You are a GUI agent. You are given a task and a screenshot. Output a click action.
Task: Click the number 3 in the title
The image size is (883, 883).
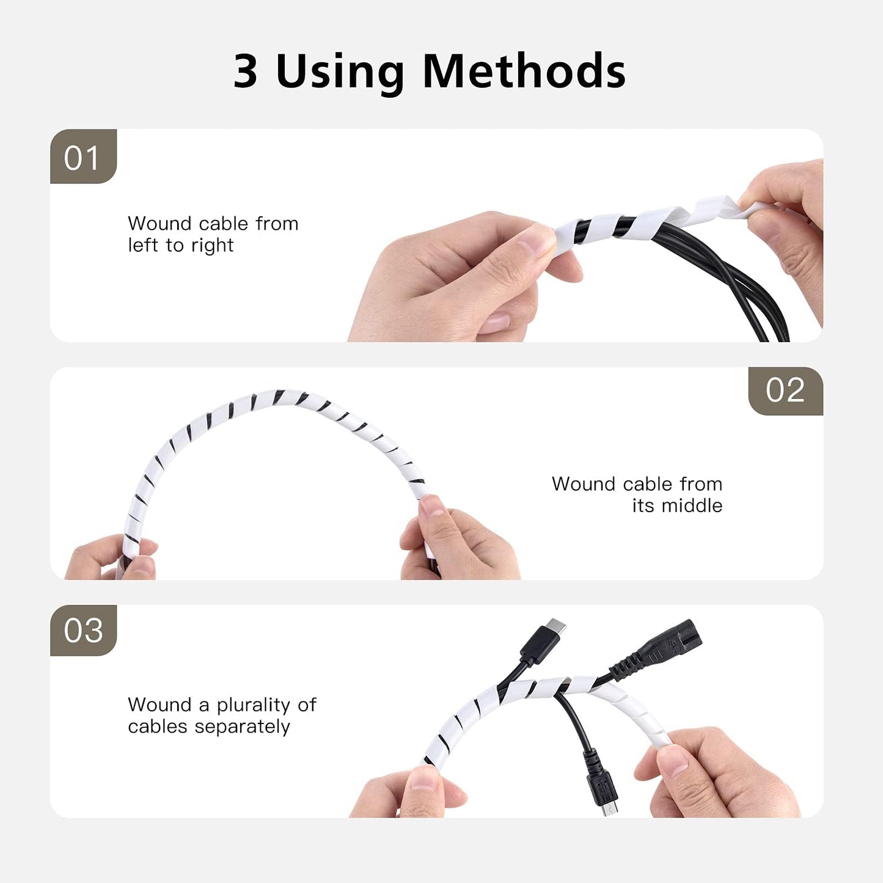coord(245,70)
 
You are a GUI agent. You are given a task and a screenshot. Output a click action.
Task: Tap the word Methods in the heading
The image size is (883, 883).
coord(524,70)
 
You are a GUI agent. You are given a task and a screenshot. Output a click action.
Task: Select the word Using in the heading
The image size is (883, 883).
coord(340,73)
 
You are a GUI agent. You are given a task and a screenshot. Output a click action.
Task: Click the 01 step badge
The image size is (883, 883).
coord(83,156)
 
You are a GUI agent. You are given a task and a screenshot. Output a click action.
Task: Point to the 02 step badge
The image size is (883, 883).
coord(785,391)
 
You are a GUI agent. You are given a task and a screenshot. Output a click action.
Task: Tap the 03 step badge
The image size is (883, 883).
coord(83,630)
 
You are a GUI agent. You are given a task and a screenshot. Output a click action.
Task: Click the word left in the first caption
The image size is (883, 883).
coord(142,245)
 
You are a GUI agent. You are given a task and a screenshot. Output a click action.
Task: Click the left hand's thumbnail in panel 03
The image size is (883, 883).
coord(424,779)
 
